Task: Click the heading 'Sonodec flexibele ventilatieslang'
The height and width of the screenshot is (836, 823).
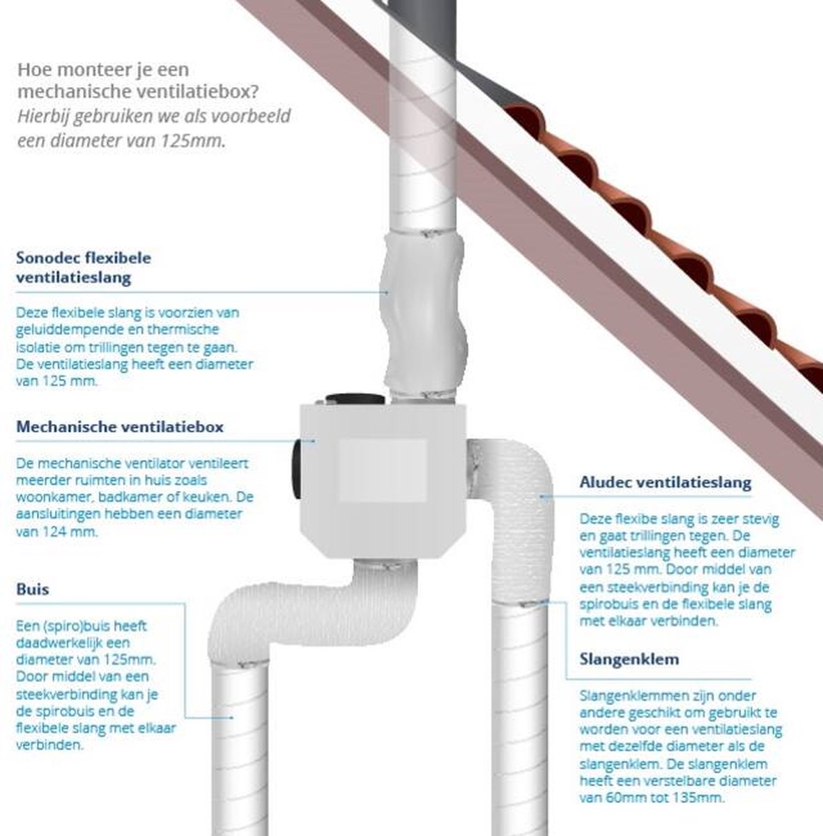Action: pyautogui.click(x=84, y=268)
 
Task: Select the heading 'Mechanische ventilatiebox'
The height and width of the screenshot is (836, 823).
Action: pyautogui.click(x=120, y=426)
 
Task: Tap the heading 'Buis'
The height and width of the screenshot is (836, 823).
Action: pyautogui.click(x=33, y=589)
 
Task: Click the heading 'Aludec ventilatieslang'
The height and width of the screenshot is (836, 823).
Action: pyautogui.click(x=666, y=482)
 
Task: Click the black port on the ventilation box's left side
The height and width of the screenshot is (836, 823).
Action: pyautogui.click(x=297, y=470)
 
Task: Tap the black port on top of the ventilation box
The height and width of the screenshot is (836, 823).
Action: pyautogui.click(x=355, y=398)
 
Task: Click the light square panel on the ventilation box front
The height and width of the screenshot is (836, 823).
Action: pyautogui.click(x=383, y=471)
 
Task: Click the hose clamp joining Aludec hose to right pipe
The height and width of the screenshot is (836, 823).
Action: pyautogui.click(x=521, y=603)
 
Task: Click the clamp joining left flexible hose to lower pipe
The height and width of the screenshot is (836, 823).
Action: pyautogui.click(x=240, y=663)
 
